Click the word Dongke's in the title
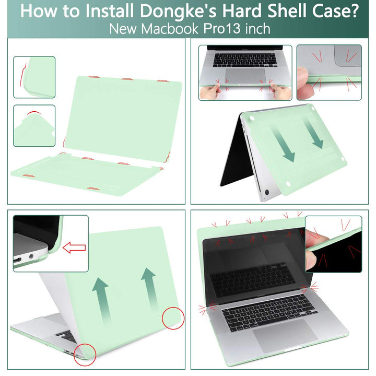click(169, 10)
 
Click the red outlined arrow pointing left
click(74, 247)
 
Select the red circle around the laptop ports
click(85, 353)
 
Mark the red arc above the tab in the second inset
click(32, 113)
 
